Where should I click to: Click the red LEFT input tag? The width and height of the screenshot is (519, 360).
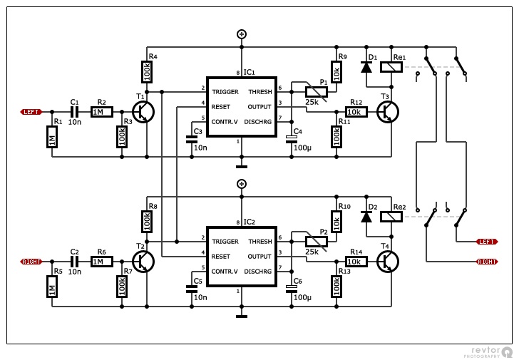31,112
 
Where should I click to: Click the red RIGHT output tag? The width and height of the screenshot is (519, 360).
487,262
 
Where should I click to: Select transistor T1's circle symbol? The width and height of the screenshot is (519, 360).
143,112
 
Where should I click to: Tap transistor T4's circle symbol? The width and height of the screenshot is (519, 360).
389,262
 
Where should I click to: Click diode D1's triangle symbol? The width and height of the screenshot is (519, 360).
366,67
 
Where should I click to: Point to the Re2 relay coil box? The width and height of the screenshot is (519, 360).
391,217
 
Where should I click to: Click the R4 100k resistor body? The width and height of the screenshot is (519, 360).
148,71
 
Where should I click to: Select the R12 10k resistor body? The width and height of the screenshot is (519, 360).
356,112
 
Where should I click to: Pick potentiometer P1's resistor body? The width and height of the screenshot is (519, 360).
316,92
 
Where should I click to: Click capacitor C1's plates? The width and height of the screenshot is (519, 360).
75,112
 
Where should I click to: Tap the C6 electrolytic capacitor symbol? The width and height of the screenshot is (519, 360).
292,289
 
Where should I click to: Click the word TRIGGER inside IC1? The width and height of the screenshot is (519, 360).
225,92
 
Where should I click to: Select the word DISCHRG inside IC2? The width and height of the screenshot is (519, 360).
258,272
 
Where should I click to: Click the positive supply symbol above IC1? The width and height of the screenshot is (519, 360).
242,34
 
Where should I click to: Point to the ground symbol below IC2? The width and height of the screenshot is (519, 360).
242,317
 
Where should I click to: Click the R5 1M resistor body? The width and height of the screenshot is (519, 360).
52,287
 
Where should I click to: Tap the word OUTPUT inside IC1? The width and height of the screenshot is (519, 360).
259,107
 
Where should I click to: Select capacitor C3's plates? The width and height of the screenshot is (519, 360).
192,139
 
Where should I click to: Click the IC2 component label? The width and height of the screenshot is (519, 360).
250,222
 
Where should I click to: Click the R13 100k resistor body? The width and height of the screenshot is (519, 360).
336,287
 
